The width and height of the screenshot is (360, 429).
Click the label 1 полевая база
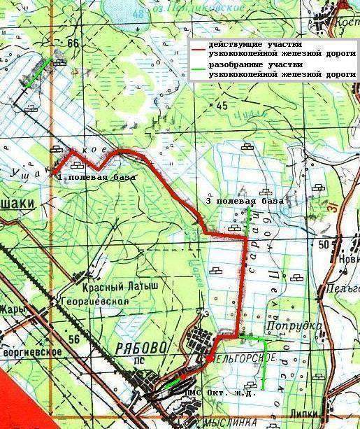96,178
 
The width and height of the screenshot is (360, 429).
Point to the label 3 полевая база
245,201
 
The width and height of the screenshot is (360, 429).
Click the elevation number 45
222,106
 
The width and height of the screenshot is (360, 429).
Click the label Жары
13,308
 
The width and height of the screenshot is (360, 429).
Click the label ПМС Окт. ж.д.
219,393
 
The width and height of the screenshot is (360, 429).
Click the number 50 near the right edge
323,244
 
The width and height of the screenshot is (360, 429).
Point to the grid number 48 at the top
144,13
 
